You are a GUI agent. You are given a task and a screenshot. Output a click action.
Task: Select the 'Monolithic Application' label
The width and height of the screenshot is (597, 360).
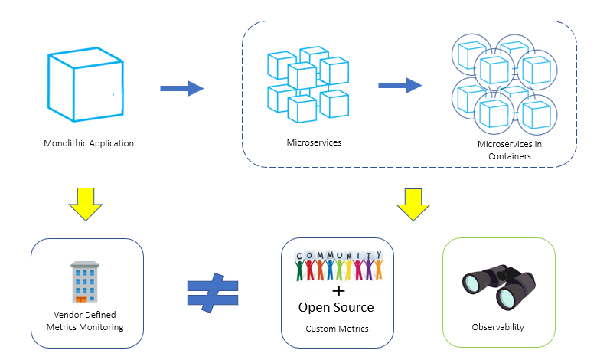tap(89, 143)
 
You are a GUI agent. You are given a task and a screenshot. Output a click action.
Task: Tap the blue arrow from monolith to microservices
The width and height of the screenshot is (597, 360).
tap(181, 89)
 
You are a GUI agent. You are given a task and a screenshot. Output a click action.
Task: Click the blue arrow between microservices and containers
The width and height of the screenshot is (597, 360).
tap(400, 85)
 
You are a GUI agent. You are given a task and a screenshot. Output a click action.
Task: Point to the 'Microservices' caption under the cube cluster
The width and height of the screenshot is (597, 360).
tap(314, 142)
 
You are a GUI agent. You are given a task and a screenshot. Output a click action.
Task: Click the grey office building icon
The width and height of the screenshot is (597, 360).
tap(86, 282)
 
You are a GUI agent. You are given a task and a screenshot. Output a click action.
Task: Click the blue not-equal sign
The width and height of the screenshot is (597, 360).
tap(212, 292)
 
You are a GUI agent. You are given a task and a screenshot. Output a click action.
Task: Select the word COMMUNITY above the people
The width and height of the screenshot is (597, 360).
tap(338, 256)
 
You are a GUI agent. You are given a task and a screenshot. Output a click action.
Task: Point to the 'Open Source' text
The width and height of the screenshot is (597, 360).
tap(336, 307)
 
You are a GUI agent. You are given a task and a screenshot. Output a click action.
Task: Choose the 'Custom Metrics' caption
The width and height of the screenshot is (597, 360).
tap(337, 329)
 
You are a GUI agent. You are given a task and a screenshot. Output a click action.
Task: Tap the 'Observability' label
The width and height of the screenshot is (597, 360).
tap(497, 327)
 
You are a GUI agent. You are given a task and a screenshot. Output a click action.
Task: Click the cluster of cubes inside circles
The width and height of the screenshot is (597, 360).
tap(503, 84)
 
